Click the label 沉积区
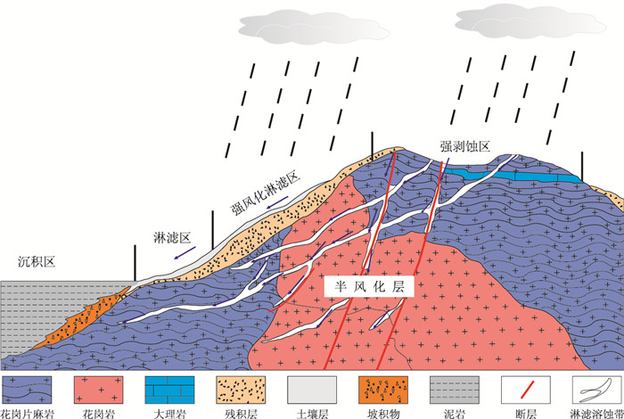point(37,261)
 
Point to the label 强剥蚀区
point(464,146)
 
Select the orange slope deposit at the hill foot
point(89,322)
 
